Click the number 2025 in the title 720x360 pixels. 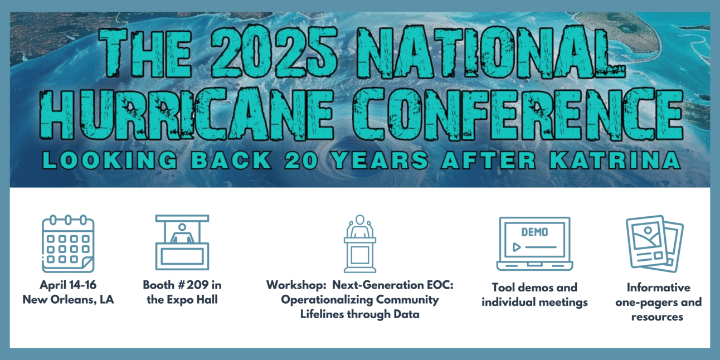(274, 53)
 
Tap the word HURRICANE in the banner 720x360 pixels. (186, 115)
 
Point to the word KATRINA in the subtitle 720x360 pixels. (615, 160)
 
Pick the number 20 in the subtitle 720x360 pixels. (301, 160)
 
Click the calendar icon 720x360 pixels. (68, 244)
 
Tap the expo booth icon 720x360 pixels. (182, 242)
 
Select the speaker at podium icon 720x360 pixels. (360, 244)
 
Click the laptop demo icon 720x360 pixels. (534, 244)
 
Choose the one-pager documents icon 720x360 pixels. (655, 244)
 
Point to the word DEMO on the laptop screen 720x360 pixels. (534, 232)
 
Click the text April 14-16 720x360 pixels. (68, 285)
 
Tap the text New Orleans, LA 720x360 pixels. (68, 300)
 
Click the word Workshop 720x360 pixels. (296, 285)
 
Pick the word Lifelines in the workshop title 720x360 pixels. (322, 314)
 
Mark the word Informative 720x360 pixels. (659, 288)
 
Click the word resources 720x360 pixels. (658, 317)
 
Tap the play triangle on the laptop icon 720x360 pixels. (516, 247)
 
